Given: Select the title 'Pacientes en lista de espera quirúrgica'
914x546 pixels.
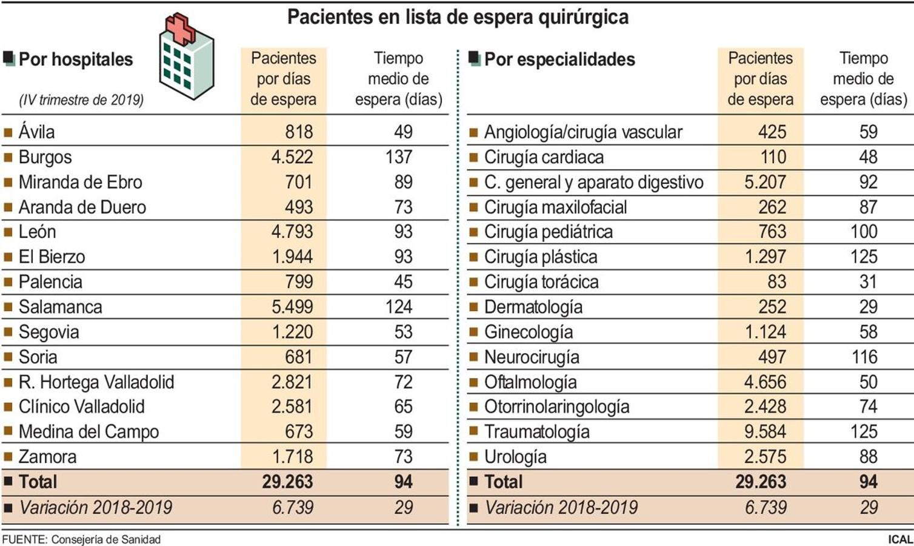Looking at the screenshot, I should pos(458,17).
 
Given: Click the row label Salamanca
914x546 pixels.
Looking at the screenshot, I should pos(60,307).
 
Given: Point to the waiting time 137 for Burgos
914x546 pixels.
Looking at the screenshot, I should pos(398,157).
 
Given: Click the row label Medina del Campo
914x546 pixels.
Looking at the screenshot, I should pos(88,432).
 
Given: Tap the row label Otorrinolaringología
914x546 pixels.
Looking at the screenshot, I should pos(556,407).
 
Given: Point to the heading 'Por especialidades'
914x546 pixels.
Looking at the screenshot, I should pos(559,59).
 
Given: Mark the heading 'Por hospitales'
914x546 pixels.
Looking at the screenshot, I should pos(76,59).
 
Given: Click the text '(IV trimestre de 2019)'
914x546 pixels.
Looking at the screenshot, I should pos(81,100).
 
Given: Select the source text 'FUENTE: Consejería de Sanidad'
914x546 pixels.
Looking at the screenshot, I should pos(81,539).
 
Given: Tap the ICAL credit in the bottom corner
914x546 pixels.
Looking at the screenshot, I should pos(900,539).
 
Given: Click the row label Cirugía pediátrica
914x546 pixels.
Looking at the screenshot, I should pos(548,232).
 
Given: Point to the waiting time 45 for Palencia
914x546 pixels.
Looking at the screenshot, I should pos(403,282).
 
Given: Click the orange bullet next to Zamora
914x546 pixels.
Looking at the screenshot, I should pos(8,457).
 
